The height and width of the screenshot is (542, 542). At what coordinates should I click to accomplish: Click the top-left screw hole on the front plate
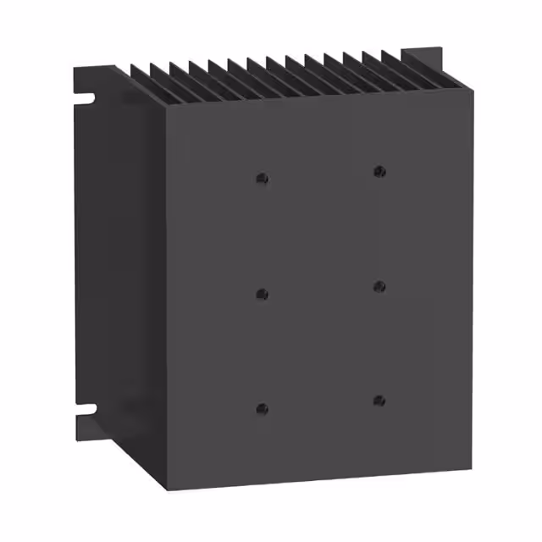point(262,179)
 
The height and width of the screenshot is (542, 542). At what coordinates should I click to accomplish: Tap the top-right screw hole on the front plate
point(379,172)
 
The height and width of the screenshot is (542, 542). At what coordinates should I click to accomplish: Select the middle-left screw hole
point(262,294)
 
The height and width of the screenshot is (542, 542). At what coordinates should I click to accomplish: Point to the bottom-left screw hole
point(262,408)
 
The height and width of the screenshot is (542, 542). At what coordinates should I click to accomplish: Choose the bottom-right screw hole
point(379,401)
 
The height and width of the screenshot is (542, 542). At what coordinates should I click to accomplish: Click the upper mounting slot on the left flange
point(86,99)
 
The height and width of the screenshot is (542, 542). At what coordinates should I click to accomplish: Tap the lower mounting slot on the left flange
point(86,415)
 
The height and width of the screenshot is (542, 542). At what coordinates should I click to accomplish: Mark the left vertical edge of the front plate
point(167,296)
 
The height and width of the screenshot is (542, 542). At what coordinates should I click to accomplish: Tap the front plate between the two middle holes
point(320,290)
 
